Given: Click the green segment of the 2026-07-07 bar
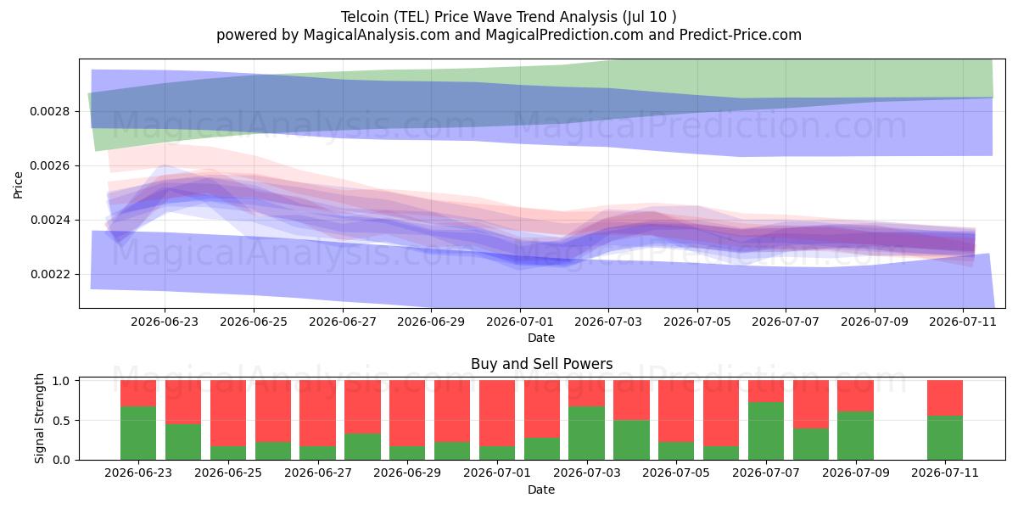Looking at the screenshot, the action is click(x=766, y=431).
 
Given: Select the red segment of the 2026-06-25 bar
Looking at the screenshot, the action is click(x=228, y=413).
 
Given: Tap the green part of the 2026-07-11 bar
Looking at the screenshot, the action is click(x=945, y=438).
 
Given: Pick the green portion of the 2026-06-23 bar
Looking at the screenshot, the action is click(x=138, y=433).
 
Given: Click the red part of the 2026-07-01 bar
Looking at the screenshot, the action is click(x=497, y=413).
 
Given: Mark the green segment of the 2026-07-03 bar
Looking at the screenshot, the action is click(x=587, y=433).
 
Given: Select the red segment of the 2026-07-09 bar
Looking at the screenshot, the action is click(x=856, y=396).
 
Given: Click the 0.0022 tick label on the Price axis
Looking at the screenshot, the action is click(x=50, y=275).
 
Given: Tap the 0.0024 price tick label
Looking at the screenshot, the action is click(x=50, y=221).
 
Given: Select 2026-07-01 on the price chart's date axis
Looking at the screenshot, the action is click(x=520, y=322).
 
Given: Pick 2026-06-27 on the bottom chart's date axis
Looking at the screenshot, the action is click(x=318, y=473).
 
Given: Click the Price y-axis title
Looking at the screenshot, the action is click(x=18, y=185).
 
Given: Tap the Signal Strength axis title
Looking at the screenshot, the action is click(x=40, y=418).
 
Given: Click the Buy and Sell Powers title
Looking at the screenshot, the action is click(x=542, y=364).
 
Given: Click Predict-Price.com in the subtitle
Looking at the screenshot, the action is click(x=741, y=35).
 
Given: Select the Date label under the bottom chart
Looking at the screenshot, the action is click(x=541, y=489).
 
